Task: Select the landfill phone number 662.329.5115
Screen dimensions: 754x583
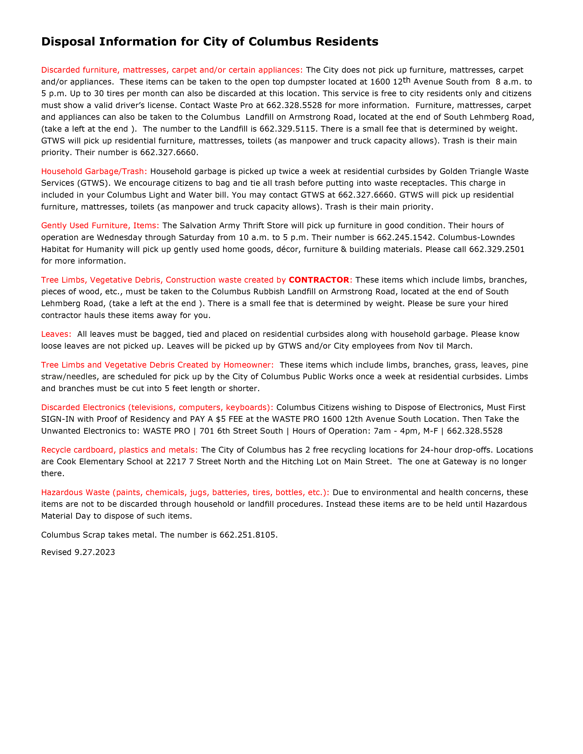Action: click(287, 129)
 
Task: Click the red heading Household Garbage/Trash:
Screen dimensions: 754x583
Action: click(94, 171)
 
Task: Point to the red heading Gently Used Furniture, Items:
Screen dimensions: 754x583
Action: click(100, 226)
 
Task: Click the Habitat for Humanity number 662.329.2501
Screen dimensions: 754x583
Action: click(497, 249)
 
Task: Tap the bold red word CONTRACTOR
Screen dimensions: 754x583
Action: click(319, 280)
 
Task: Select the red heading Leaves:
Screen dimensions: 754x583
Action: click(56, 334)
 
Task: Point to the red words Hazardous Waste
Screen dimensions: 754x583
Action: click(75, 492)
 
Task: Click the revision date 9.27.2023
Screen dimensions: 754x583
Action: click(95, 552)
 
